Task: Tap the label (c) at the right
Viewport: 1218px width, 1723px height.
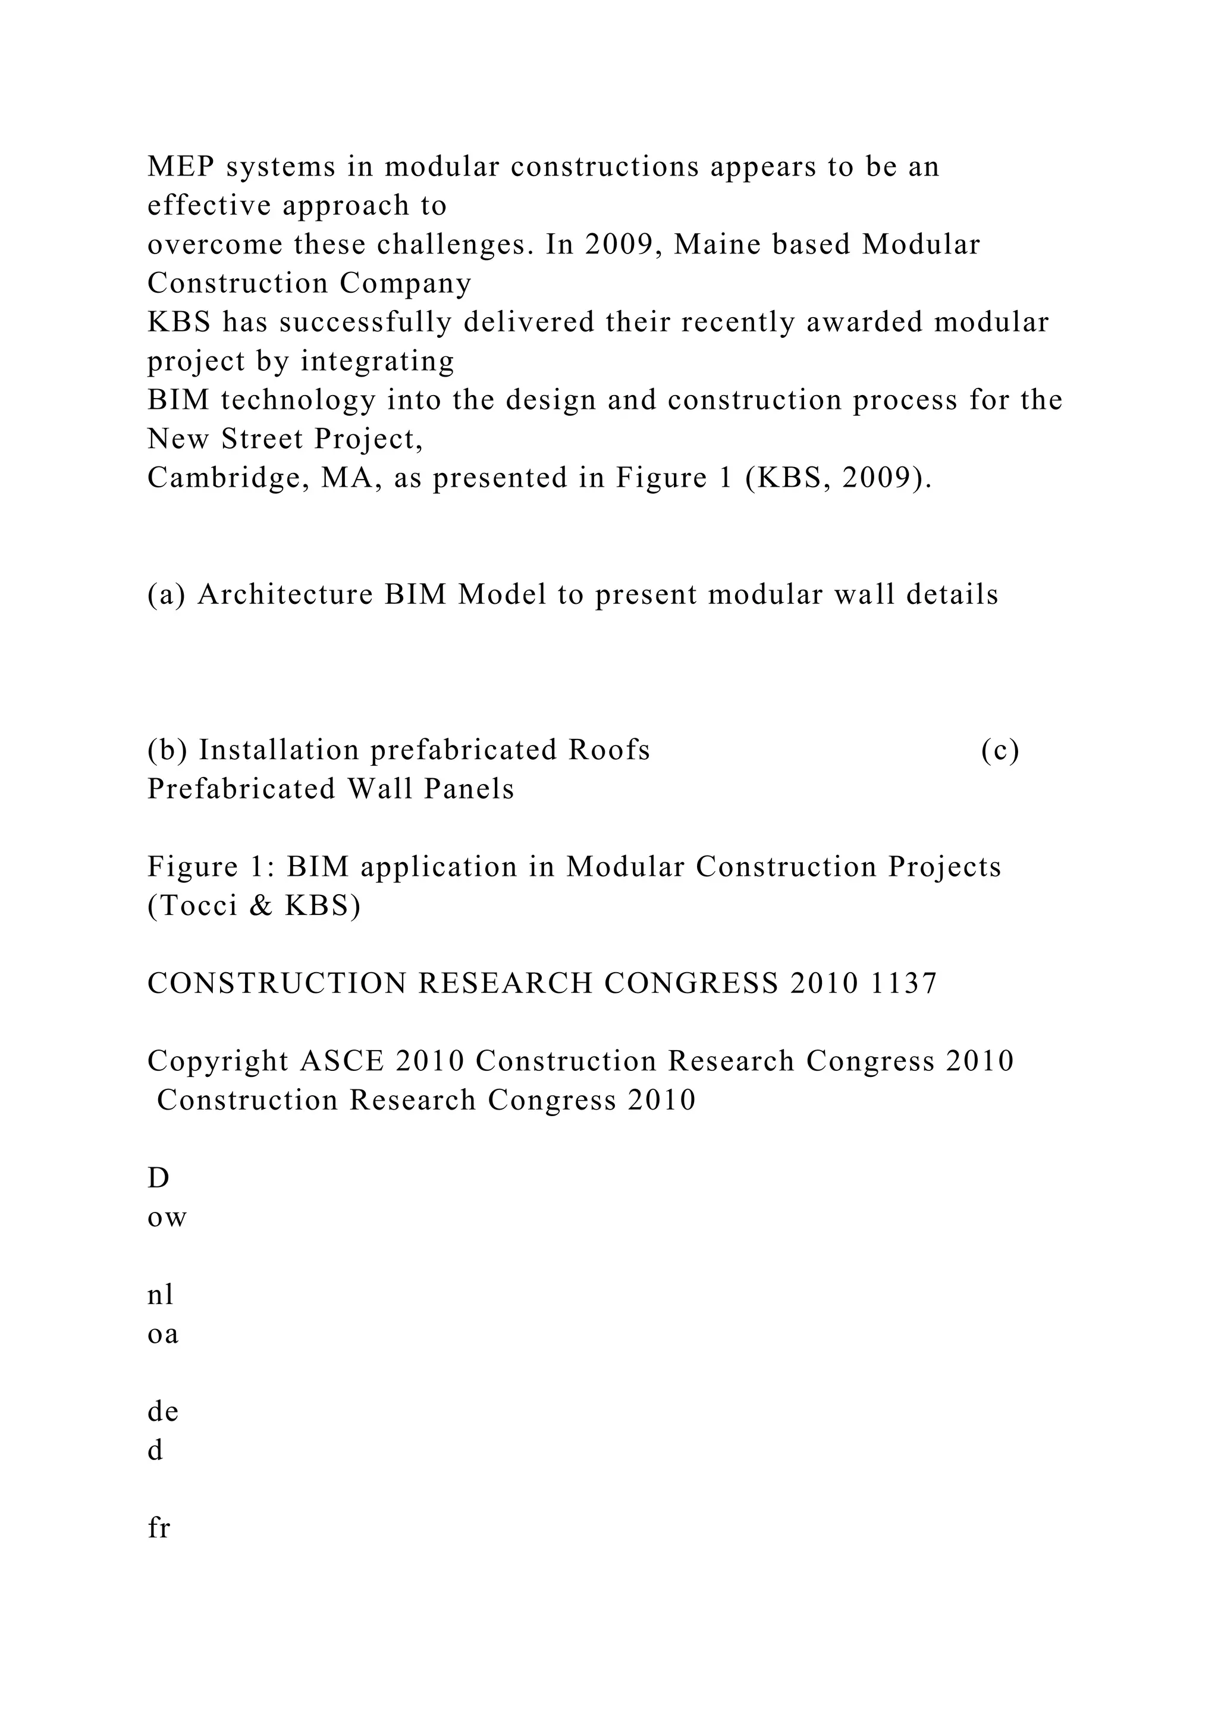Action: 1000,750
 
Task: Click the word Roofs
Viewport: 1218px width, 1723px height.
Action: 609,750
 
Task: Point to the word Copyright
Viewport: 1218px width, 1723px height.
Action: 218,1062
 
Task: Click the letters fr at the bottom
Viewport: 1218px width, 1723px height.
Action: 159,1528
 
